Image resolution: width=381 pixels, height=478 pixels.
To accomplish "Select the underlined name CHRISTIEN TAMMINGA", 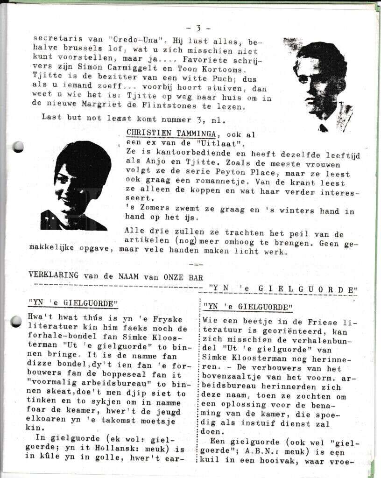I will (x=171, y=132).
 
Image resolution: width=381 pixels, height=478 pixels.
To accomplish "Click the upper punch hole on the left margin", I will (x=18, y=147).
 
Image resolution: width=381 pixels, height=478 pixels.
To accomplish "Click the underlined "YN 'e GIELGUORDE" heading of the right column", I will (x=248, y=307).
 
